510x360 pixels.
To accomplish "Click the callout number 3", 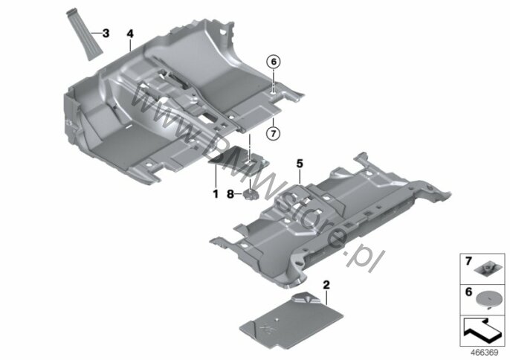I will pyautogui.click(x=106, y=33).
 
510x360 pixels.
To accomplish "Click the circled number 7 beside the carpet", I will pyautogui.click(x=273, y=134).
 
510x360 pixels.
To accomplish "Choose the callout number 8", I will pyautogui.click(x=230, y=194).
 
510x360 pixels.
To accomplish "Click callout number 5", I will pyautogui.click(x=300, y=161).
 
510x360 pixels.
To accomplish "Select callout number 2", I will pyautogui.click(x=325, y=283).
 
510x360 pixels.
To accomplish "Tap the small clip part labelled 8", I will pyautogui.click(x=251, y=195).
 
